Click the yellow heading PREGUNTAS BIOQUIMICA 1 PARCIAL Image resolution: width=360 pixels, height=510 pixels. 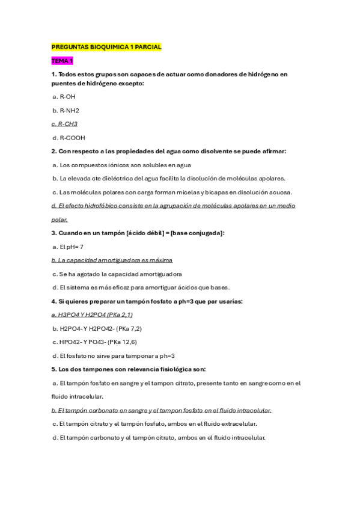pos(106,46)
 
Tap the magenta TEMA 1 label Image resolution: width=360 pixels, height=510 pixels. pos(63,61)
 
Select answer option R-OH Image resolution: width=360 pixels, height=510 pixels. pos(64,96)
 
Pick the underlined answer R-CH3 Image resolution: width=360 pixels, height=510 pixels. pos(64,124)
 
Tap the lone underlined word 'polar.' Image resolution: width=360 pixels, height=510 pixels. pos(59,220)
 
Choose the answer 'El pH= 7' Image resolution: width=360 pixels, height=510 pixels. pos(67,247)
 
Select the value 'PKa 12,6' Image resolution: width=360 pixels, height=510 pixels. pos(124,342)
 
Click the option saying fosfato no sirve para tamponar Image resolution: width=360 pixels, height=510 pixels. pos(114,355)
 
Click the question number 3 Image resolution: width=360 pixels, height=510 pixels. pos(53,233)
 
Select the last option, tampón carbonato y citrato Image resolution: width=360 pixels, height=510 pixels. pos(159,437)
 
